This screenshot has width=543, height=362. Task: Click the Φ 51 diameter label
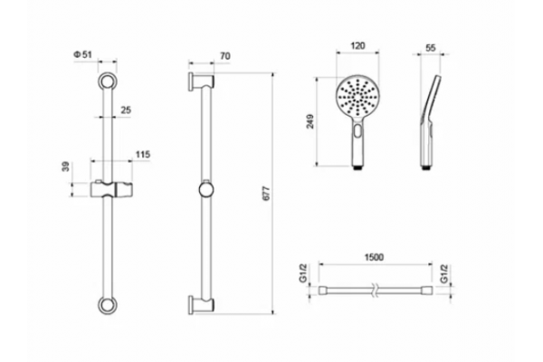click(82, 54)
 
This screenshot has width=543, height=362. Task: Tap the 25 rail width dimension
click(126, 110)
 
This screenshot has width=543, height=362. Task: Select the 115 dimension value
click(143, 155)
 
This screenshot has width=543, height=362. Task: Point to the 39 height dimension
click(66, 167)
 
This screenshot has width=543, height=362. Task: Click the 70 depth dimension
click(225, 56)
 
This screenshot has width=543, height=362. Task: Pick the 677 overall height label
click(266, 194)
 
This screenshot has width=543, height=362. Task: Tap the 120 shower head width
click(357, 46)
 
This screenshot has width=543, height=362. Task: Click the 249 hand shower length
click(310, 121)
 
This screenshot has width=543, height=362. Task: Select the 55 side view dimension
click(431, 48)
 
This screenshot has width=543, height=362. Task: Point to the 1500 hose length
click(374, 257)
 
